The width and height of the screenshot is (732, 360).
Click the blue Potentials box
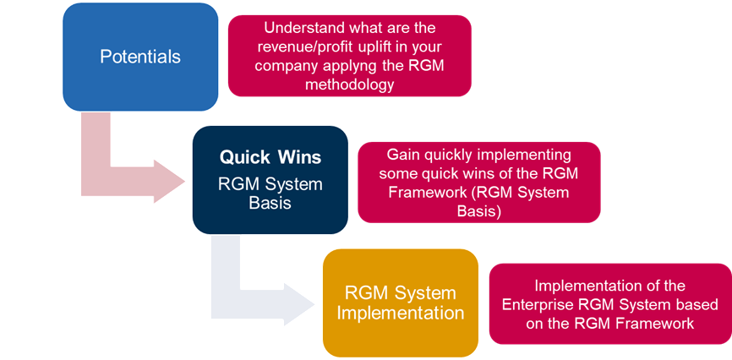140,57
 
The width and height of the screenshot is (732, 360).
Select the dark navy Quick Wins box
270,180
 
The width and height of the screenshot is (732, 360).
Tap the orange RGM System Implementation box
401,303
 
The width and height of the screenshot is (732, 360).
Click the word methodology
350,85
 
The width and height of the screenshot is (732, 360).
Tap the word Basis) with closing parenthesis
479,211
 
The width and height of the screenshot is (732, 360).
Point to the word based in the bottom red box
698,304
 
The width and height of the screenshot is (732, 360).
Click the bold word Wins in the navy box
300,157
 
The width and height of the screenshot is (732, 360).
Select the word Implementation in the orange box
401,313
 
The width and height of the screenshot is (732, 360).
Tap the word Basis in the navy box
270,203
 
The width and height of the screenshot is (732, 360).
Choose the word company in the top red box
287,66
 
